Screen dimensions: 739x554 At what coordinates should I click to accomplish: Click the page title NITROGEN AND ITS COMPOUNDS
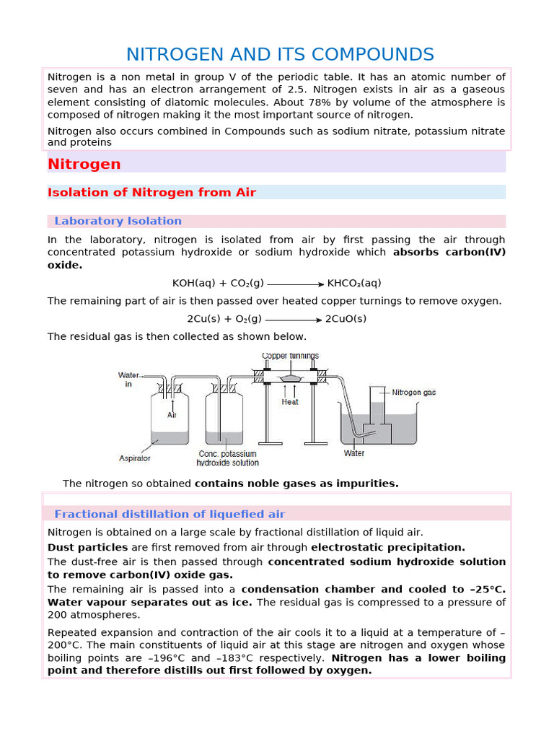coord(280,54)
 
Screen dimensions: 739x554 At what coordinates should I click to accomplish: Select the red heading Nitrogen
coord(84,164)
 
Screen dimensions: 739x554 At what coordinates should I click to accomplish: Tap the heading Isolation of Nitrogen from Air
coord(151,192)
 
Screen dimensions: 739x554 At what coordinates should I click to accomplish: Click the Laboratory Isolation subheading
coord(118,221)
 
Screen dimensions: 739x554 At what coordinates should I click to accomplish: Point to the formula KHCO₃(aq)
coord(354,283)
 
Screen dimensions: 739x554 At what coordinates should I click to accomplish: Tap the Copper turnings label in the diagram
coord(290,356)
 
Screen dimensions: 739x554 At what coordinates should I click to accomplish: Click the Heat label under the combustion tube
coord(290,402)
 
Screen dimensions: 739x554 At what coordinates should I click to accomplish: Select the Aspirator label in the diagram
coord(135,458)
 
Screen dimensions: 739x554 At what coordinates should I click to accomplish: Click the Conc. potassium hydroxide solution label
coord(227,458)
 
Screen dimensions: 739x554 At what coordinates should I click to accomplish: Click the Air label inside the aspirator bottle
coord(172,415)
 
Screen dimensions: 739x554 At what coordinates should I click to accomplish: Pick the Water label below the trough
coord(354,453)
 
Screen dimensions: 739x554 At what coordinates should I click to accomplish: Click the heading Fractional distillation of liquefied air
coord(170,514)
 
